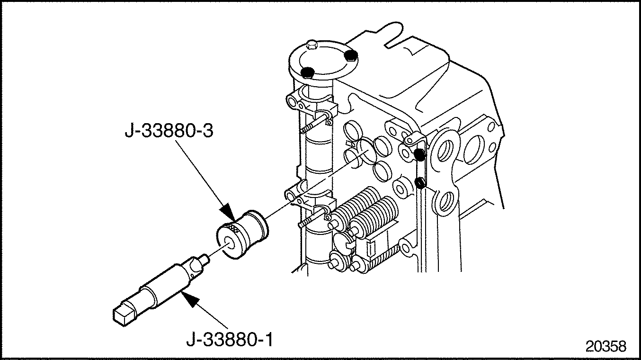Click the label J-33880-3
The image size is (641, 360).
(x=169, y=131)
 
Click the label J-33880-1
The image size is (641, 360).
(x=230, y=340)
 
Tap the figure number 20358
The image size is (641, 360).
(x=605, y=346)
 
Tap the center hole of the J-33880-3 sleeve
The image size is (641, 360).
(x=230, y=243)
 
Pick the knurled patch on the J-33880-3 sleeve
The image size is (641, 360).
(x=233, y=228)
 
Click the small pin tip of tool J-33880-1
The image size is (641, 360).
(x=205, y=259)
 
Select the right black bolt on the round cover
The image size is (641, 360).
(x=350, y=55)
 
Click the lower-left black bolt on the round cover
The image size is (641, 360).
(x=308, y=72)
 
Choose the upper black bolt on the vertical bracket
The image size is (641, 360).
(x=419, y=154)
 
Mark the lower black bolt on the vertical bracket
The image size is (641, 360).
(x=419, y=183)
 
